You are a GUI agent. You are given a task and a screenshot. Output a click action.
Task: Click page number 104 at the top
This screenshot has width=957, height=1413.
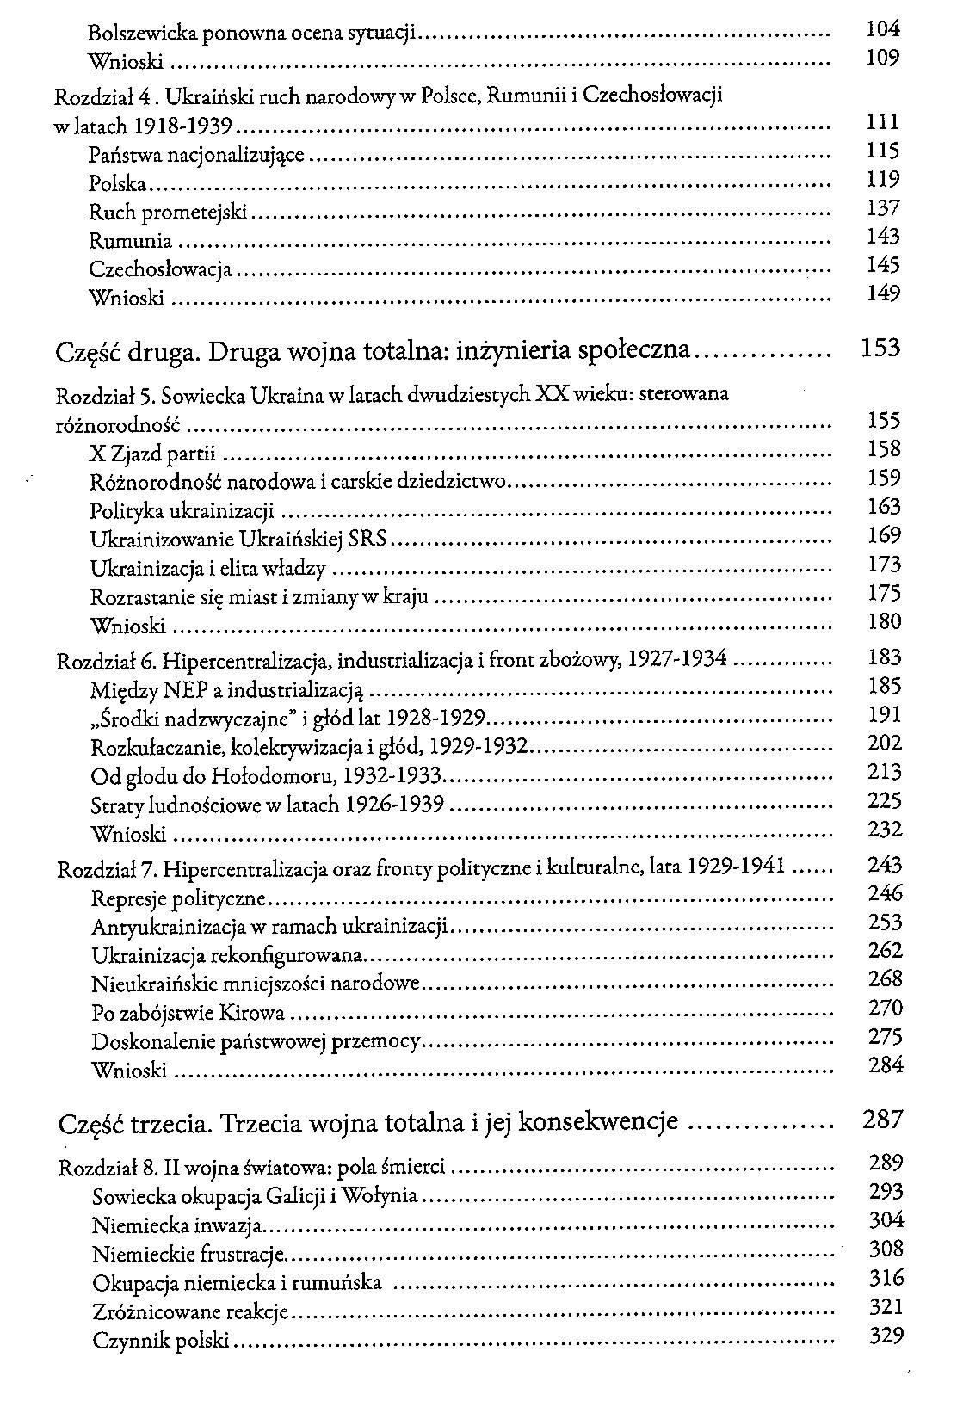882,29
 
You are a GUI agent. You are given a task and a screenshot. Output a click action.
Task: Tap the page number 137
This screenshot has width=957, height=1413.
882,208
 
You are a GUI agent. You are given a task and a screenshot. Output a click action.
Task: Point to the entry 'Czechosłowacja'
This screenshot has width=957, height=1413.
160,270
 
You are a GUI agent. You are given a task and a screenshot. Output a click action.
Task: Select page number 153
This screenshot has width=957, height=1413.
879,349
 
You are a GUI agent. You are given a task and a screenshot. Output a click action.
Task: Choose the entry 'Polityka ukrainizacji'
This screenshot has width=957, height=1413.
182,512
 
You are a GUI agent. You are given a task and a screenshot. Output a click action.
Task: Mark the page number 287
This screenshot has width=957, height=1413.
881,1120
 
